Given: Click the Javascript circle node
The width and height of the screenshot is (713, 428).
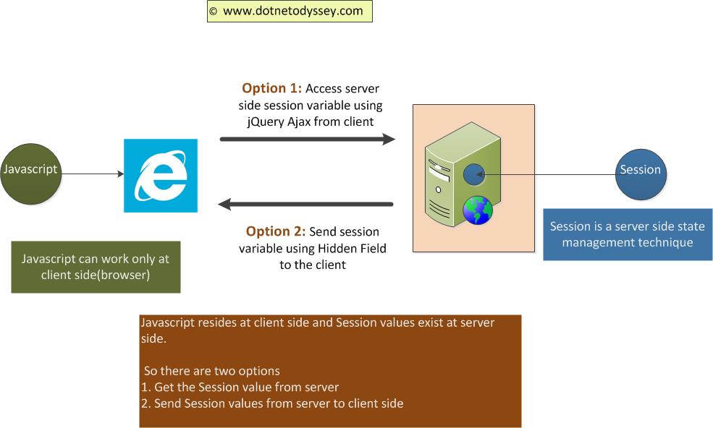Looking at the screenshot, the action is [x=31, y=174].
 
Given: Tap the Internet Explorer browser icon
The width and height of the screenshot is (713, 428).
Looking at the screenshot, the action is [x=161, y=176].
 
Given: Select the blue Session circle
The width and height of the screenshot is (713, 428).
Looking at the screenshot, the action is [x=641, y=174].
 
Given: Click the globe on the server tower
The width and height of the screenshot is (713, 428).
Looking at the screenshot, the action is [x=478, y=210].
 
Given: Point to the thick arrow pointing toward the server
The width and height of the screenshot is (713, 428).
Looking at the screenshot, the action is [x=308, y=139].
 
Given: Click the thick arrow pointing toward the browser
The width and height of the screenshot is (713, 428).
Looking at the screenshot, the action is [x=305, y=205].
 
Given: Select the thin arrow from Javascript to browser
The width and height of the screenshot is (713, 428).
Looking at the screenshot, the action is [x=93, y=174].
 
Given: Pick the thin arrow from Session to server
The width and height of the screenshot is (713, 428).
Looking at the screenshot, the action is [x=545, y=174].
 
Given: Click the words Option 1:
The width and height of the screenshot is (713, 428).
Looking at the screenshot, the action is [x=271, y=88].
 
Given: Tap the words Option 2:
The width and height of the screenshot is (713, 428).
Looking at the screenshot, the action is [x=276, y=231].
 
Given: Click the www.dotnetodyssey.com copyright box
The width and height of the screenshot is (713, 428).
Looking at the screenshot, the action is [x=290, y=11].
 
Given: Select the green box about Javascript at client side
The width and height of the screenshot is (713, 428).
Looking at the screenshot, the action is [x=96, y=267].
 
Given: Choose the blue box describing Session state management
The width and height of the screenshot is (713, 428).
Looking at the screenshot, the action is [x=628, y=234].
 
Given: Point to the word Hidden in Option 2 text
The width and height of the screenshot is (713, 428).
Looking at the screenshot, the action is [x=337, y=248].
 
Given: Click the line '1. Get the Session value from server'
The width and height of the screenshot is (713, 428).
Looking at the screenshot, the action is [x=240, y=387].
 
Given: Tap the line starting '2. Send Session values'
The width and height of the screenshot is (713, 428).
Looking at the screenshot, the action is [x=272, y=403].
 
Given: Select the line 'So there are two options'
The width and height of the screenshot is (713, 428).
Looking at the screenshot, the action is [x=212, y=371].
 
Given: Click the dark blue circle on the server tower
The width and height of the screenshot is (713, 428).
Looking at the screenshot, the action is [x=474, y=174].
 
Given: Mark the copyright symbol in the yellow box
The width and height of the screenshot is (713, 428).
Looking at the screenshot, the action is [x=213, y=12].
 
